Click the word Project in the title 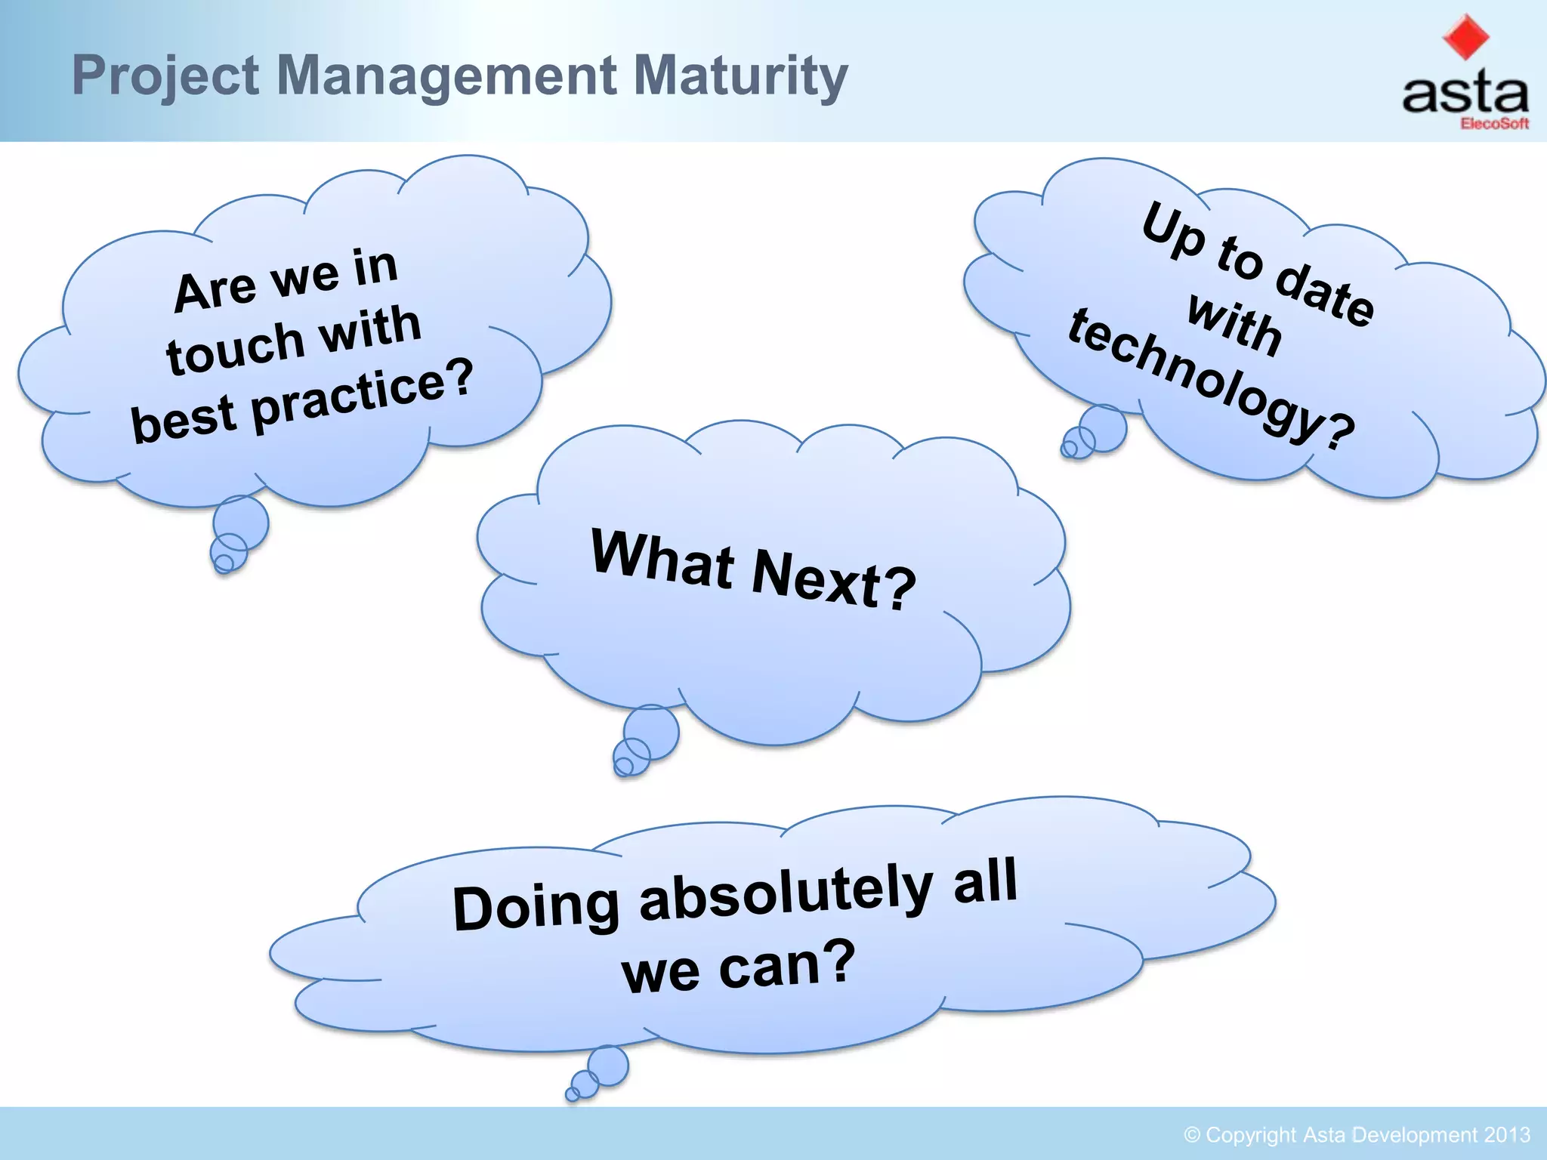click(x=165, y=76)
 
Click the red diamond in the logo click(x=1465, y=36)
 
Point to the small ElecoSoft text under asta click(x=1494, y=124)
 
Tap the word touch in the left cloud click(x=235, y=347)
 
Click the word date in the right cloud click(x=1325, y=295)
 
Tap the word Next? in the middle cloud click(x=834, y=580)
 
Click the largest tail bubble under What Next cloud click(x=652, y=731)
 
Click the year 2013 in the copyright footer click(x=1506, y=1135)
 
